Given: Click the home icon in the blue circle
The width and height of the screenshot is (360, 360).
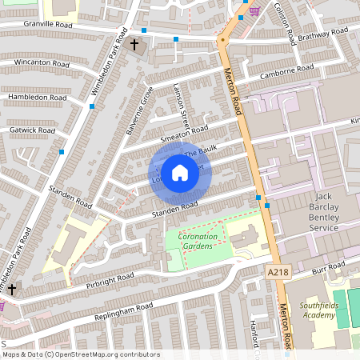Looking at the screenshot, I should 180,172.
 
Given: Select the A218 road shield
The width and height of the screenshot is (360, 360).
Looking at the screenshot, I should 278,273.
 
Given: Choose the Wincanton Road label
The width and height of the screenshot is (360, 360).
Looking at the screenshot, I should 36,62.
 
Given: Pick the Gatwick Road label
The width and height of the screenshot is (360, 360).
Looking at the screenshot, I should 27,130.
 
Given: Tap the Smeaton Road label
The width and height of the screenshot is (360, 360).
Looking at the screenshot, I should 184,134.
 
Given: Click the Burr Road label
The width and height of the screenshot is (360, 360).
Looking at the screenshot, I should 328,265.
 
